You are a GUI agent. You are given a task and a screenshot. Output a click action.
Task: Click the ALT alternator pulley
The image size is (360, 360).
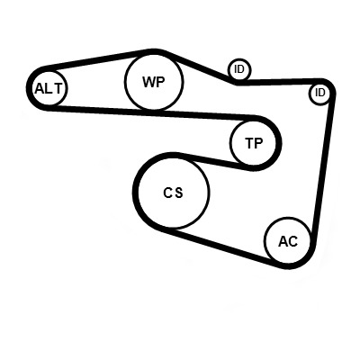(49, 88)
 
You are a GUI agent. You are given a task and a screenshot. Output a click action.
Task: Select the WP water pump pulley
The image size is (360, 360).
(154, 81)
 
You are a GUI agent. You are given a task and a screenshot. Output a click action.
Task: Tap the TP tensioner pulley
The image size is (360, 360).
(253, 143)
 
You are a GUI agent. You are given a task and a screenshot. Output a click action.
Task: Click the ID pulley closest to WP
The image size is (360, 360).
(239, 69)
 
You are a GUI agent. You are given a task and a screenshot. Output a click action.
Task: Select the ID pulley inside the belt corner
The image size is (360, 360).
(320, 94)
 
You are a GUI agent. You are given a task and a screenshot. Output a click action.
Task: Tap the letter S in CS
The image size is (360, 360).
(178, 193)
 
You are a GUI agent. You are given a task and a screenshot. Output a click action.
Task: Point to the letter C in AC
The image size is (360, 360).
(293, 241)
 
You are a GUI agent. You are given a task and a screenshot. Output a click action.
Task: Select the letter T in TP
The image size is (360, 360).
(250, 143)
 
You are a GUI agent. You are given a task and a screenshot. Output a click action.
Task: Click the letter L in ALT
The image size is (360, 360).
(49, 89)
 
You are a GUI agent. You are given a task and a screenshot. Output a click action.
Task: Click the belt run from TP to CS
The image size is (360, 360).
(214, 161)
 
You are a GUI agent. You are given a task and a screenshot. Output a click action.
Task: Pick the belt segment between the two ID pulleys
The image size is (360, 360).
(277, 82)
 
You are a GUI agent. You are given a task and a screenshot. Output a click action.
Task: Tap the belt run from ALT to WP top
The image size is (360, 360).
(97, 58)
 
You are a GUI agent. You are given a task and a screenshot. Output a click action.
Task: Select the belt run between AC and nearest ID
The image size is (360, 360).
(322, 168)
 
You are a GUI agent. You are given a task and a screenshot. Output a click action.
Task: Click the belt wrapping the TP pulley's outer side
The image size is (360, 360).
(278, 143)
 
